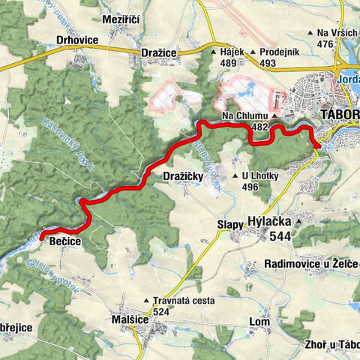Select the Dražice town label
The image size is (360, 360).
[x=159, y=52]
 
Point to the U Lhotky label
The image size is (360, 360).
[x=260, y=175]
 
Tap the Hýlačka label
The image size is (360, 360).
[x=269, y=222]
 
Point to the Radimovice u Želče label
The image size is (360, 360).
[x=312, y=264]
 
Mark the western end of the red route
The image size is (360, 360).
[x=41, y=238]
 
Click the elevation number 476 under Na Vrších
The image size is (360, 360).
[x=325, y=44]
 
